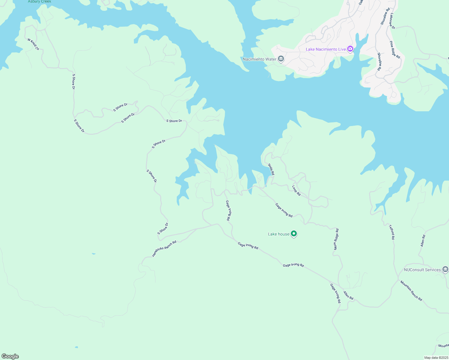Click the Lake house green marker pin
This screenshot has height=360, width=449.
pyautogui.click(x=294, y=234)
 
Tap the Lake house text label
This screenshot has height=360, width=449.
pyautogui.click(x=279, y=234)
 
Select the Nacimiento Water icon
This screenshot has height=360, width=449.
pyautogui.click(x=281, y=59)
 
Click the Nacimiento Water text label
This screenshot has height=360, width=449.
pyautogui.click(x=259, y=59)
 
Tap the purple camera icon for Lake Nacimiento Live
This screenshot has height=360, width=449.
pyautogui.click(x=350, y=49)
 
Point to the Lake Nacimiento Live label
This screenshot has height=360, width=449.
pyautogui.click(x=326, y=49)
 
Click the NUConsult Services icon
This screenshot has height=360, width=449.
pyautogui.click(x=445, y=269)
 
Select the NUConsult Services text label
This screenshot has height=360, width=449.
pyautogui.click(x=422, y=270)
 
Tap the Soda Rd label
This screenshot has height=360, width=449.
pyautogui.click(x=271, y=169)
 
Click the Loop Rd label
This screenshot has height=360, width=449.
pyautogui.click(x=296, y=190)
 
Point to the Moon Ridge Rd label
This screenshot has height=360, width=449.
pyautogui.click(x=336, y=239)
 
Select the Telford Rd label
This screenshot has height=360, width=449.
pyautogui.click(x=392, y=232)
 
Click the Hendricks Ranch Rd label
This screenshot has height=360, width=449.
pyautogui.click(x=164, y=249)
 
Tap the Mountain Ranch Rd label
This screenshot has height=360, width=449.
pyautogui.click(x=411, y=291)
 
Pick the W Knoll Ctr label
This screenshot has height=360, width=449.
pyautogui.click(x=33, y=44)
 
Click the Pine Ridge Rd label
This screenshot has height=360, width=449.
pyautogui.click(x=395, y=50)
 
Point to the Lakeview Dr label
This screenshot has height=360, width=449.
pyautogui.click(x=392, y=21)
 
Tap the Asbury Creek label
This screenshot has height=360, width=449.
pyautogui.click(x=40, y=1)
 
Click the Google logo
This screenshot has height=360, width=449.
pyautogui.click(x=10, y=356)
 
